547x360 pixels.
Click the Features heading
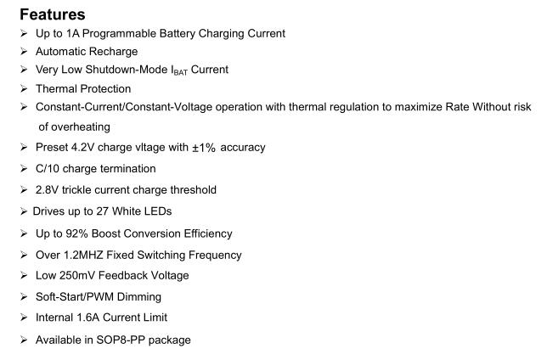pyautogui.click(x=53, y=14)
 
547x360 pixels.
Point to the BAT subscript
pyautogui.click(x=180, y=72)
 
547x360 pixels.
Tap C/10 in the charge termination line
pyautogui.click(x=48, y=169)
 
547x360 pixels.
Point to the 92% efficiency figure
pyautogui.click(x=76, y=233)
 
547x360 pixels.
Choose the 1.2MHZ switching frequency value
pyautogui.click(x=83, y=255)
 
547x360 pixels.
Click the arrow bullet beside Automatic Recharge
pyautogui.click(x=24, y=52)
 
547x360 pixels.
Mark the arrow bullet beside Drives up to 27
pyautogui.click(x=24, y=211)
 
